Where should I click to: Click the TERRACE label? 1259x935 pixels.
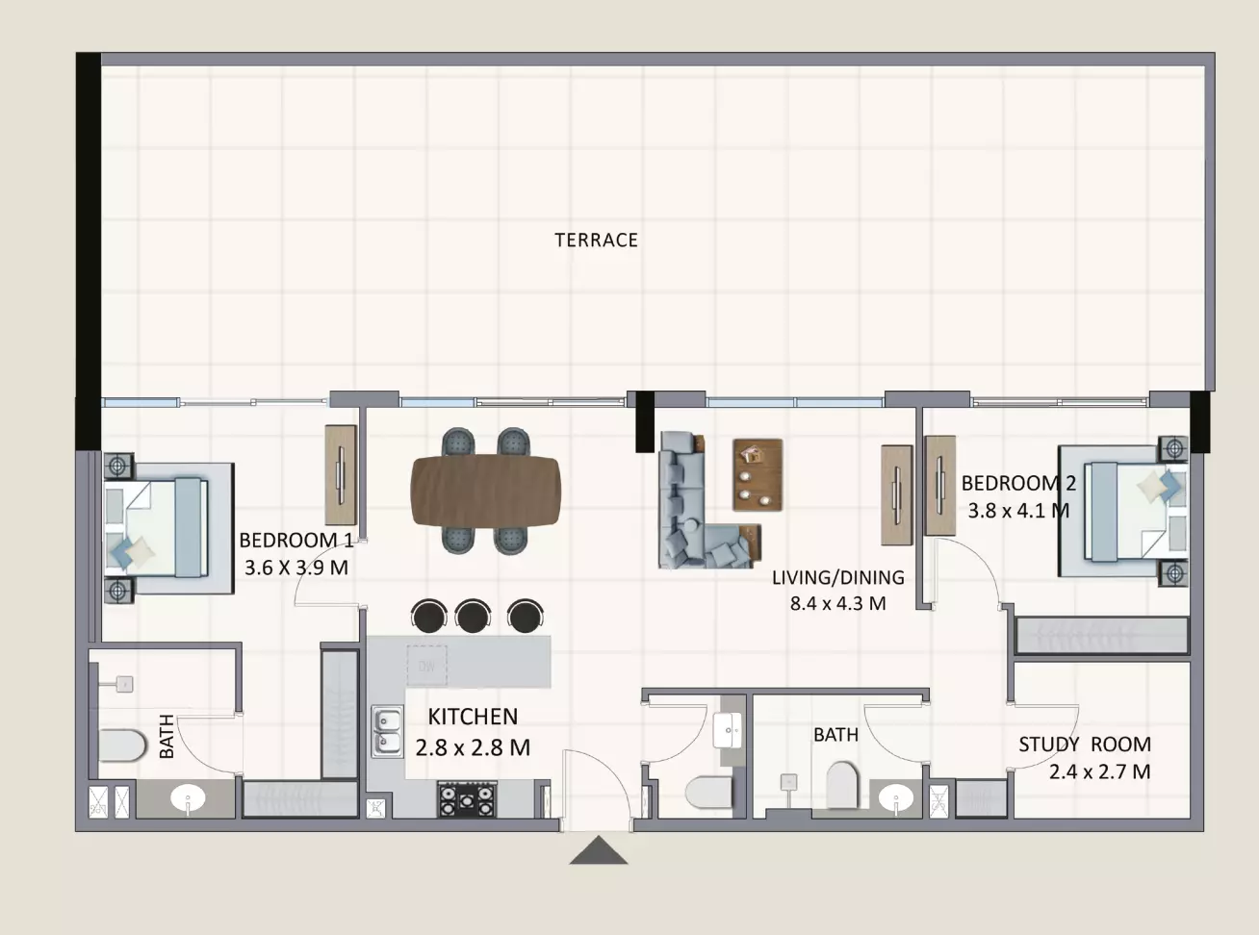pos(596,240)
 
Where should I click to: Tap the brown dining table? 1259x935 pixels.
pos(485,491)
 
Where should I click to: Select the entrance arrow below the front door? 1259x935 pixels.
pos(599,850)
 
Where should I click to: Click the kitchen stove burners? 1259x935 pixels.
pos(467,798)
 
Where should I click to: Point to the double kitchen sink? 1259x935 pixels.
pos(387,731)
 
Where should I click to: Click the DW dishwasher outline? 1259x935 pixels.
pos(426,666)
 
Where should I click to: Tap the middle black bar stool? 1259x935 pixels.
pos(472,617)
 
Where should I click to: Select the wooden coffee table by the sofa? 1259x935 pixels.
pos(758,475)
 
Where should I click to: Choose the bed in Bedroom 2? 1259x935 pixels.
pos(1123,511)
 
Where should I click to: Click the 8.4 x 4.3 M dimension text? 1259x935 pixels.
pos(837,603)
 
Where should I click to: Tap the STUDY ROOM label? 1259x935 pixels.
pos(1085,744)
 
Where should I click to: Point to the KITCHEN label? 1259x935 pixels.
pos(473,717)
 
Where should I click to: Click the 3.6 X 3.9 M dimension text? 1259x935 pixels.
pos(296,568)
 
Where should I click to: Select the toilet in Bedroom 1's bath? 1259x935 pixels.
pos(122,745)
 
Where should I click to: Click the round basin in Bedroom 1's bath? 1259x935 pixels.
pos(189,798)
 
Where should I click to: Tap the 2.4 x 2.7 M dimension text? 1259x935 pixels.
pos(1099,771)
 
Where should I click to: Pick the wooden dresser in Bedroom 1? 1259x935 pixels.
pos(341,475)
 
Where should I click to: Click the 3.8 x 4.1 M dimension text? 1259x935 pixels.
pos(1018,511)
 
